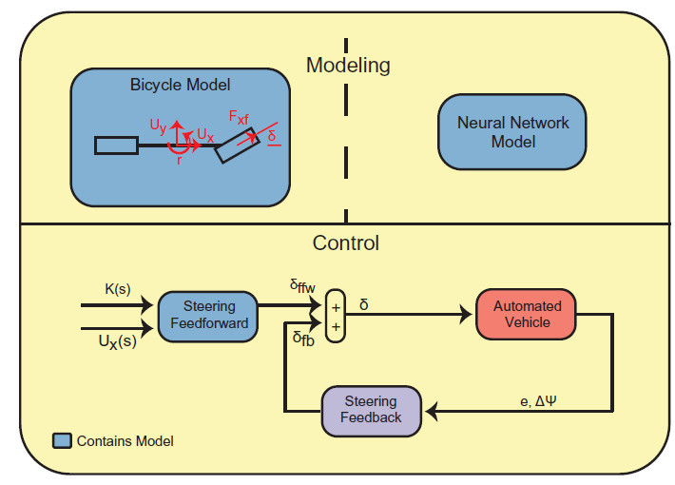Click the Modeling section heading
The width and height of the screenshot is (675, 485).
pyautogui.click(x=347, y=66)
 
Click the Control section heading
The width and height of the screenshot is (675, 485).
pyautogui.click(x=346, y=242)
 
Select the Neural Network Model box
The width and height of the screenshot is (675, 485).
pyautogui.click(x=512, y=131)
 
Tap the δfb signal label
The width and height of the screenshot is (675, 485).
pyautogui.click(x=303, y=338)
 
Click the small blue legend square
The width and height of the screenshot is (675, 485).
pyautogui.click(x=62, y=441)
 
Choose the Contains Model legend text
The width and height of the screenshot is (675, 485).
pyautogui.click(x=125, y=441)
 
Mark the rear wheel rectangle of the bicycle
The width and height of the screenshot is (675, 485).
pyautogui.click(x=116, y=145)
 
